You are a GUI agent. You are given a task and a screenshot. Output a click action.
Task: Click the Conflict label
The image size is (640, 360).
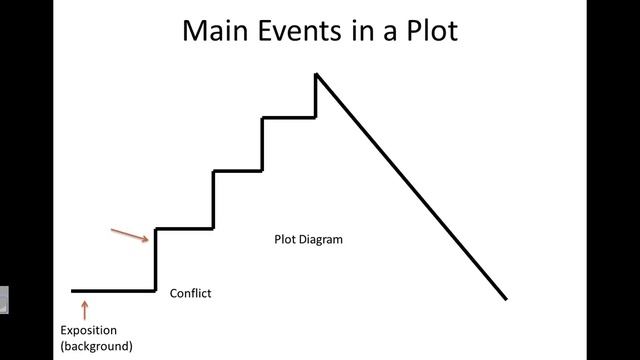tap(190, 293)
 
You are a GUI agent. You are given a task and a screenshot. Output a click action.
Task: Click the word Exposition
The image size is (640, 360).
tap(88, 330)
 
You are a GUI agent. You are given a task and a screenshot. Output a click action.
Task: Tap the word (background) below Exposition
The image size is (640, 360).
tap(96, 346)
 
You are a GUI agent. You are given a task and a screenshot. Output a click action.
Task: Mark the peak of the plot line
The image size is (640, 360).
tap(316, 74)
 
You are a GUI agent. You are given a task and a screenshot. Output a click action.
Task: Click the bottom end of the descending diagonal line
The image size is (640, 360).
tap(506, 298)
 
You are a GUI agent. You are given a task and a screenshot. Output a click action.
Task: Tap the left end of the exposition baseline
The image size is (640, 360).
tap(72, 291)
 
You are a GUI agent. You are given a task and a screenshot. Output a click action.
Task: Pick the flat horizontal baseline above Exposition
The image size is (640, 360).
tap(113, 291)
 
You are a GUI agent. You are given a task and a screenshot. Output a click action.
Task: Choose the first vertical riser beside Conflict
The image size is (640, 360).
tap(156, 260)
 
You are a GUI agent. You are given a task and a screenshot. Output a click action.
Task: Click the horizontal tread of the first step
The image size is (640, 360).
tap(185, 229)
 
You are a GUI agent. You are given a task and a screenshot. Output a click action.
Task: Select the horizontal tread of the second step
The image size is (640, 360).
tap(238, 171)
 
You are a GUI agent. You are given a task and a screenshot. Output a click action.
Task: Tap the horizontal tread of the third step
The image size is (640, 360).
tap(289, 118)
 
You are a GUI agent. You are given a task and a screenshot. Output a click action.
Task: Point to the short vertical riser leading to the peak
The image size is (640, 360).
tap(316, 96)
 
